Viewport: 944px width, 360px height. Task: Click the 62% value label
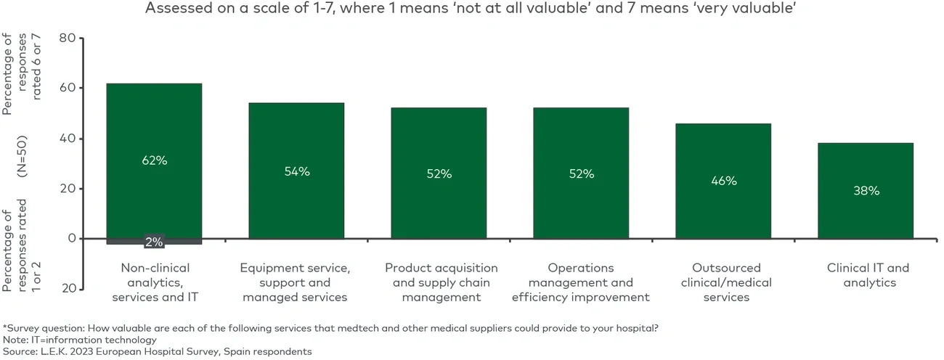154,160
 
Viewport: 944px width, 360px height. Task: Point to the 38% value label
866,191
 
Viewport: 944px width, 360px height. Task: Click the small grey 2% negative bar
154,241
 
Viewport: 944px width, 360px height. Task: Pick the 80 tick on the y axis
68,38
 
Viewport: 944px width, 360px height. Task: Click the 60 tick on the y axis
68,88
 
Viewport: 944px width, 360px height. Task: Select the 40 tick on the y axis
68,138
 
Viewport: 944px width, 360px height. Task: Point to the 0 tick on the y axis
71,238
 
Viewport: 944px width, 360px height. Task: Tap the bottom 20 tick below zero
68,288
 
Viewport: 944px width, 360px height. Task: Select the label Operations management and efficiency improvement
581,282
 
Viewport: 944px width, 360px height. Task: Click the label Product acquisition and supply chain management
441,282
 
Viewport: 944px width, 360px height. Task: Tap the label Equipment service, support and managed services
295,282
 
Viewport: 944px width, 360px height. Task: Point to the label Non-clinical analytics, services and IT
154,282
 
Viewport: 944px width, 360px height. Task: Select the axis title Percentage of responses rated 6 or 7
22,73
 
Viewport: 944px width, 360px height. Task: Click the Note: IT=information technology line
80,340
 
